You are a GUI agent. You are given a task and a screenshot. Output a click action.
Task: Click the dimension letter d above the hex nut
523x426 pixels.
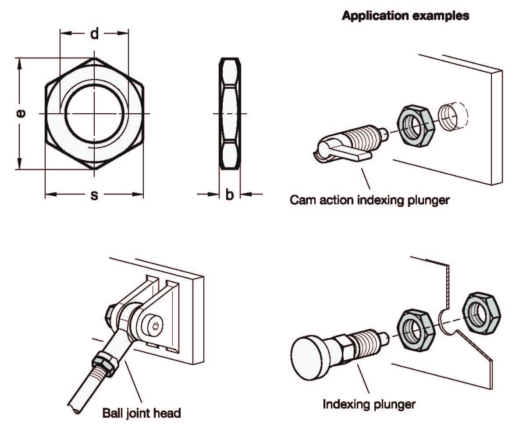pyautogui.click(x=94, y=34)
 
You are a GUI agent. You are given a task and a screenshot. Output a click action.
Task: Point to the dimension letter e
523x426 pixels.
pyautogui.click(x=20, y=113)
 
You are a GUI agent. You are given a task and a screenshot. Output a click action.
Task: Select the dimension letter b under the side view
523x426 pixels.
pyautogui.click(x=230, y=195)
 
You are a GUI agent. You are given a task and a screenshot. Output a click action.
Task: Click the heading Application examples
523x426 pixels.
pyautogui.click(x=406, y=16)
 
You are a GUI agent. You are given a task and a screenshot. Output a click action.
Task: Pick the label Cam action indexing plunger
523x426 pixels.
pyautogui.click(x=370, y=200)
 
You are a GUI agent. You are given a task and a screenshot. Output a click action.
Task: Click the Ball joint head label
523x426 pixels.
pyautogui.click(x=141, y=413)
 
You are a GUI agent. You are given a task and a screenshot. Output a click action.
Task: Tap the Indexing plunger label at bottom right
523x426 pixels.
pyautogui.click(x=369, y=404)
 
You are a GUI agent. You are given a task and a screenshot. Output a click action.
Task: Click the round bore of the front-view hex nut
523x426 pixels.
pyautogui.click(x=94, y=114)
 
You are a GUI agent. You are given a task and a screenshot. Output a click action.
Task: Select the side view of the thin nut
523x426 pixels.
pyautogui.click(x=230, y=114)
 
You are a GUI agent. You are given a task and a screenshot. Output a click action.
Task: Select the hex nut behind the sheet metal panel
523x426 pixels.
pyautogui.click(x=481, y=312)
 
